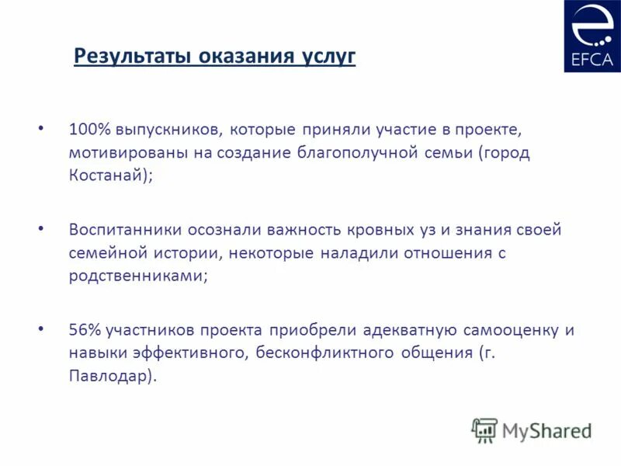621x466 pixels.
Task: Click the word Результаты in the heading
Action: (132, 57)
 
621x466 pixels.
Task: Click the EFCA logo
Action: (592, 37)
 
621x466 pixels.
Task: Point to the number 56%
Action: (85, 330)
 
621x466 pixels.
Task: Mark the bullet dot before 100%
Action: (41, 126)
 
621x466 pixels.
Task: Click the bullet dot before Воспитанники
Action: (41, 228)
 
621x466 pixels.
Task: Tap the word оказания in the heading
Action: (246, 57)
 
